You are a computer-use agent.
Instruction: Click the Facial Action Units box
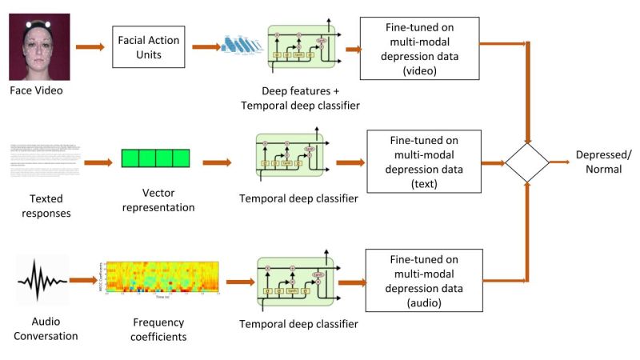[x=148, y=46]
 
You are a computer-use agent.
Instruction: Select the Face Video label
[x=36, y=90]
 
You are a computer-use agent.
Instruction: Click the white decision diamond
[x=527, y=162]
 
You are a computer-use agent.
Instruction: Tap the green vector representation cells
[x=156, y=158]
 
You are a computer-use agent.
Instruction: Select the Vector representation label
[x=157, y=200]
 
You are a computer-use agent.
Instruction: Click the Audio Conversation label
[x=46, y=329]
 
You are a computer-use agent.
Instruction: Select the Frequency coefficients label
[x=158, y=330]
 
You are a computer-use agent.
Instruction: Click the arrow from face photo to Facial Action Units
[x=90, y=47]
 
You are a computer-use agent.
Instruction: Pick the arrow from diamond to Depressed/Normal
[x=561, y=162]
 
